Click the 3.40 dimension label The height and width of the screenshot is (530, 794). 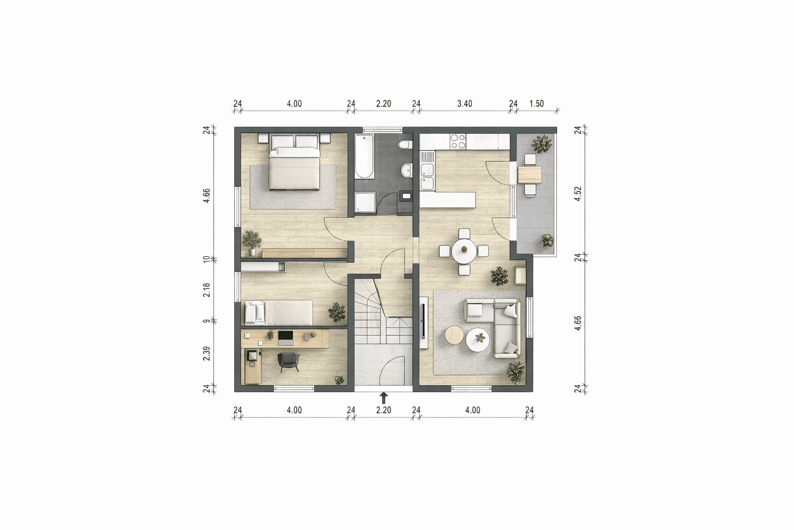464,104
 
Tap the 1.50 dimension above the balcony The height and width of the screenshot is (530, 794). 536,104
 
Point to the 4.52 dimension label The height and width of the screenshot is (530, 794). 578,194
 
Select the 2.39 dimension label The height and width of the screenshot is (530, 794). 206,354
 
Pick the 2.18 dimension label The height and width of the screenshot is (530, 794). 206,290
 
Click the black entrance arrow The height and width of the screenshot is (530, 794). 384,397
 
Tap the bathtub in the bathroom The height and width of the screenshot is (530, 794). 364,156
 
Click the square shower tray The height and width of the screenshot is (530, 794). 365,202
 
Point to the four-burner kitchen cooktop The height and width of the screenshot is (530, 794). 458,141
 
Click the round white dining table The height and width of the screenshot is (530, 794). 464,252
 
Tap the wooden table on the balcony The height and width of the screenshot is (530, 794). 530,174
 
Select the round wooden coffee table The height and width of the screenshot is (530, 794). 455,335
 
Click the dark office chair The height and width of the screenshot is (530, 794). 288,361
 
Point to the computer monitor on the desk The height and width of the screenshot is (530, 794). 285,338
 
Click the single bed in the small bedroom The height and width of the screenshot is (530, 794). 278,312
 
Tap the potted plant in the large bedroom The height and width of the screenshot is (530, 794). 252,242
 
